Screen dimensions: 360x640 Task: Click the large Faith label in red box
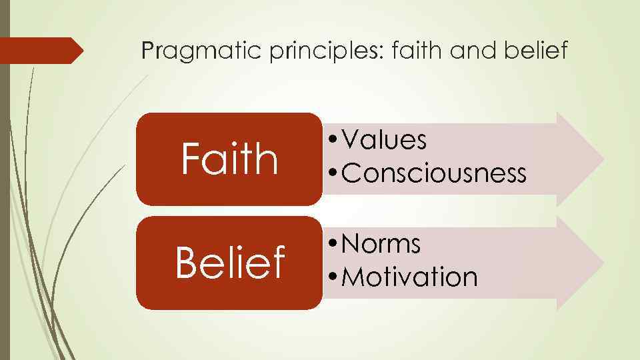click(229, 159)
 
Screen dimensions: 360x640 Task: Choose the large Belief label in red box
click(229, 263)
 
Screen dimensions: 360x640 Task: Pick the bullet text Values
click(384, 141)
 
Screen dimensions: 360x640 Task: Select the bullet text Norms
click(381, 245)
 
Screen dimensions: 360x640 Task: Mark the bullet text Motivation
click(409, 277)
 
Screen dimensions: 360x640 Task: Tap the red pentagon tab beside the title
click(40, 51)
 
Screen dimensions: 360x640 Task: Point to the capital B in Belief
click(186, 263)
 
